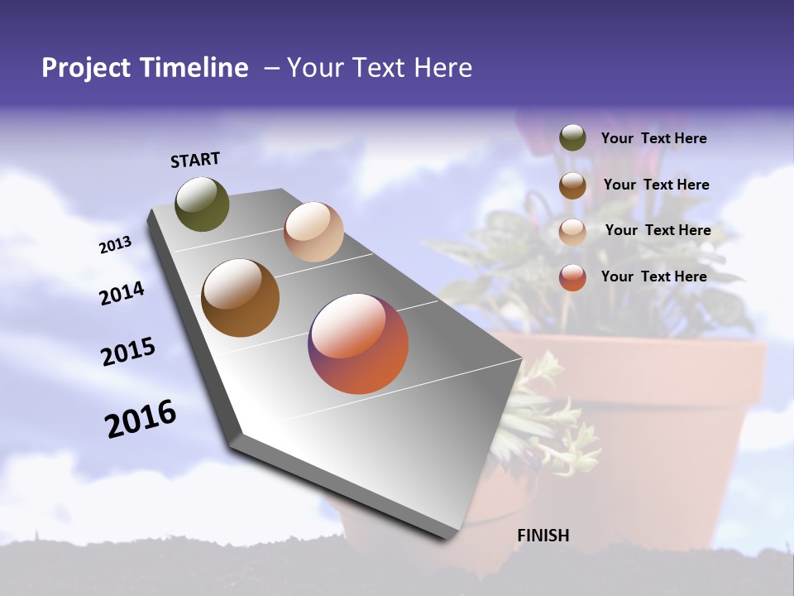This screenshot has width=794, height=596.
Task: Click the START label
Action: point(195,160)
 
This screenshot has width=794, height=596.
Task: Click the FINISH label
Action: point(543,536)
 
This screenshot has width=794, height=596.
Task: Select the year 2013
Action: point(115,245)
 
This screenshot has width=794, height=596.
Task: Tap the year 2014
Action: point(122,293)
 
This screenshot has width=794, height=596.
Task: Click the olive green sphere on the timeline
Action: point(202,204)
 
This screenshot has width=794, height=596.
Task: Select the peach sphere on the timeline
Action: point(313,232)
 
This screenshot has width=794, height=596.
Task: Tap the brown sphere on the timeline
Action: point(240,298)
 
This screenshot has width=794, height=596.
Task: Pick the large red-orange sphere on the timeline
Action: point(358,344)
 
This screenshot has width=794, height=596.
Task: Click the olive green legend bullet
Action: point(572,138)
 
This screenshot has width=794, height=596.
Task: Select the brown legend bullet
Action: point(572,185)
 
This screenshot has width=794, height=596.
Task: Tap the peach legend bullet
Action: point(572,232)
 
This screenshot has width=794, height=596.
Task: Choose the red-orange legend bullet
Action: point(572,277)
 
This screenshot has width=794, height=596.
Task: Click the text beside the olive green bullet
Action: point(653,138)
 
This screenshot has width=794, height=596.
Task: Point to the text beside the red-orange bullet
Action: point(653,276)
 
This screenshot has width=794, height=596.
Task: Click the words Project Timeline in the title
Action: point(145,68)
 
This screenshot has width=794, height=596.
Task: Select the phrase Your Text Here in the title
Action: point(379,68)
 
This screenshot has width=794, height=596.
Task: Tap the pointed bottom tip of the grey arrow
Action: point(451,536)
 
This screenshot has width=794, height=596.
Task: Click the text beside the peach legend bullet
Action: point(658,230)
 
